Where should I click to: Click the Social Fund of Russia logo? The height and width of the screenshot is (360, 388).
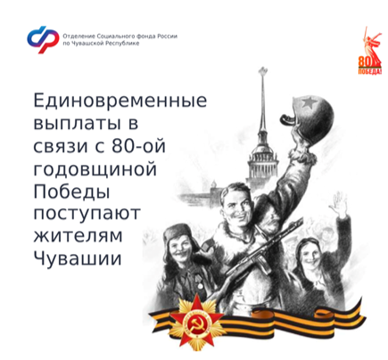tap(43, 39)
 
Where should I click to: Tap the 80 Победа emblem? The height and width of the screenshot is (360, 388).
tap(369, 51)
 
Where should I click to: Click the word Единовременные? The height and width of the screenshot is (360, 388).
tap(120, 101)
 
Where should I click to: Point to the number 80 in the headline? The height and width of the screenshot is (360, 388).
tap(123, 146)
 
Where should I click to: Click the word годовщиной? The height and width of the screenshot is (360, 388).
tap(95, 169)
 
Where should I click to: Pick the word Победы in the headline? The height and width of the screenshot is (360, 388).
tap(71, 192)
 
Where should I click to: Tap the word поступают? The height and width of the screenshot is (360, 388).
tap(87, 214)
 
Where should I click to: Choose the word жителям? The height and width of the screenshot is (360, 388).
tap(78, 236)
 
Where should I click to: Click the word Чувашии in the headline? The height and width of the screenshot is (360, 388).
tap(78, 258)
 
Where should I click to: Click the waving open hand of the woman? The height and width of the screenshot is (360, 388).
tap(339, 204)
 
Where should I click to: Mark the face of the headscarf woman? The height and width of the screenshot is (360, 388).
tap(310, 255)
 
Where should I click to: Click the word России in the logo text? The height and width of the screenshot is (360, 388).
tap(168, 37)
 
